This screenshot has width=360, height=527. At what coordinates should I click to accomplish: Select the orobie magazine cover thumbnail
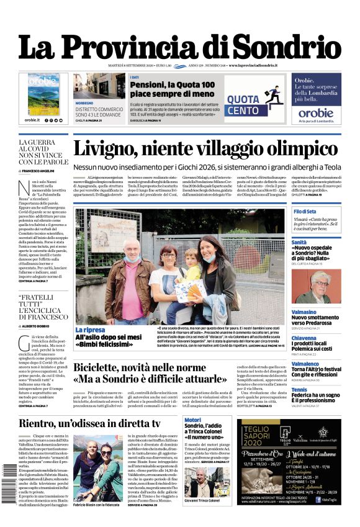[x=43, y=92]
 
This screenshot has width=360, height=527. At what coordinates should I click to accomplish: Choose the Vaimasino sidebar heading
[x=304, y=312]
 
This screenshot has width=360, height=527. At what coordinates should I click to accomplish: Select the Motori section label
[x=193, y=420]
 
